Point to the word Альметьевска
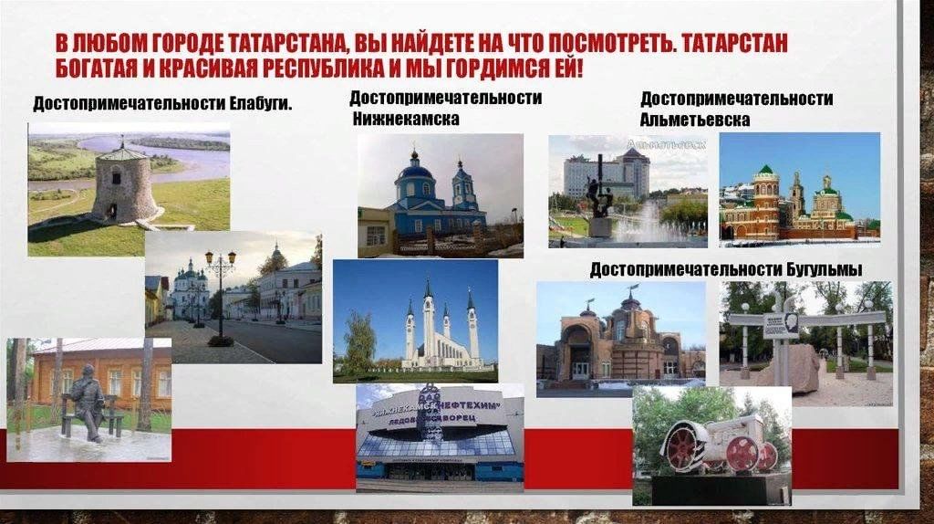pyautogui.click(x=695, y=120)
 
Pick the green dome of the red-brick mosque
pyautogui.click(x=765, y=171)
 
